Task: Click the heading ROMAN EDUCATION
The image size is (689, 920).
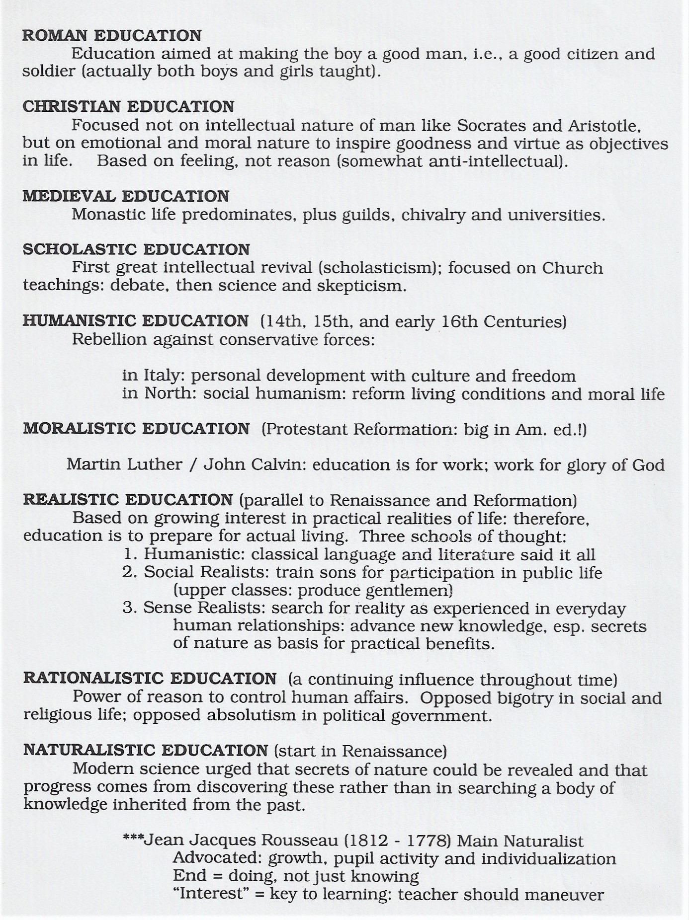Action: pyautogui.click(x=112, y=36)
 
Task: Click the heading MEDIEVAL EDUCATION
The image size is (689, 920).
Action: pyautogui.click(x=126, y=196)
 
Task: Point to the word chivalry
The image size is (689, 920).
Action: pyautogui.click(x=433, y=215)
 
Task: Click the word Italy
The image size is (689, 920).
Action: pyautogui.click(x=165, y=376)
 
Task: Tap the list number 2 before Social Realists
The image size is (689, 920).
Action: pyautogui.click(x=129, y=573)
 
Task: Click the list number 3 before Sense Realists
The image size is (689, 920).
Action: pyautogui.click(x=129, y=608)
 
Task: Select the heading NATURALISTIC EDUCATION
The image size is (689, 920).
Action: pyautogui.click(x=146, y=750)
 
